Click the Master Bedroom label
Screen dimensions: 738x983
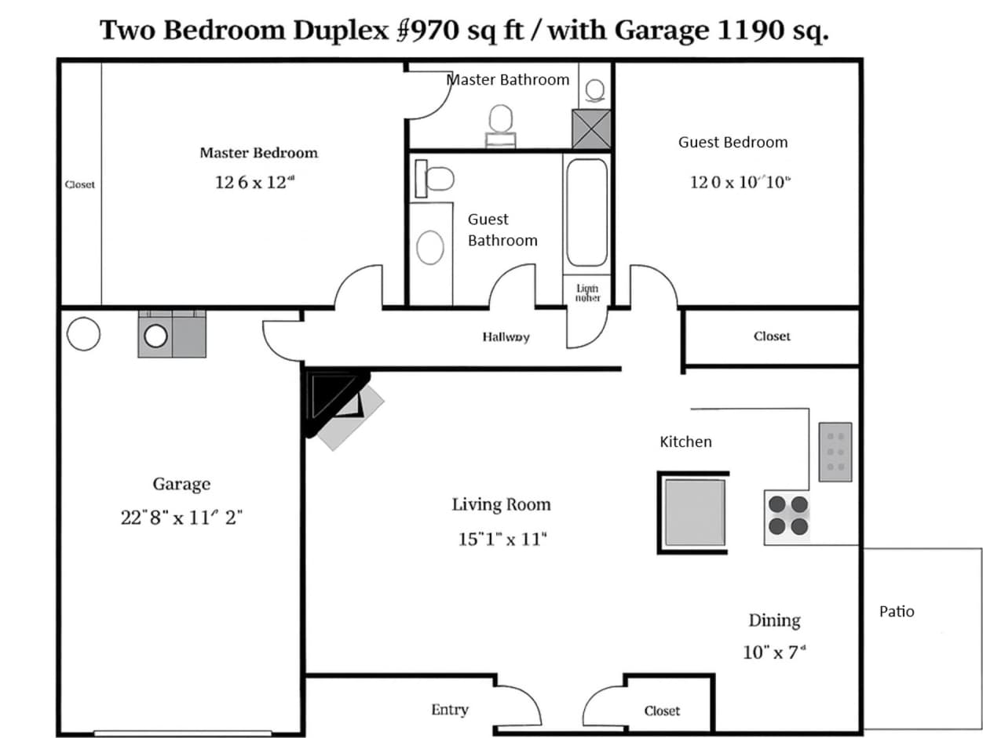pyautogui.click(x=258, y=153)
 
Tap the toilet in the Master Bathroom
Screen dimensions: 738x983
pyautogui.click(x=594, y=90)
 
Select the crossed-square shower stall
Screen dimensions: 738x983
pyautogui.click(x=591, y=129)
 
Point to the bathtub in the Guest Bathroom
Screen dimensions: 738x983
pyautogui.click(x=587, y=213)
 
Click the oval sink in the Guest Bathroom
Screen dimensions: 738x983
pyautogui.click(x=429, y=247)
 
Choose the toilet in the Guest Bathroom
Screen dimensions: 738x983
pyautogui.click(x=436, y=179)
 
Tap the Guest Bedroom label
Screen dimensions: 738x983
pyautogui.click(x=733, y=142)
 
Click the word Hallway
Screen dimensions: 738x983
pyautogui.click(x=506, y=336)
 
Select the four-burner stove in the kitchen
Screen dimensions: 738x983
pyautogui.click(x=787, y=515)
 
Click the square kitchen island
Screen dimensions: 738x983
pyautogui.click(x=694, y=512)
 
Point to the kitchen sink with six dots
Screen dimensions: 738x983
pyautogui.click(x=835, y=452)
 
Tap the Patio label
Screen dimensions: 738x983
pyautogui.click(x=897, y=612)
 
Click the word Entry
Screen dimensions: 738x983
pyautogui.click(x=449, y=710)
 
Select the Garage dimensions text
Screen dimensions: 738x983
pyautogui.click(x=181, y=518)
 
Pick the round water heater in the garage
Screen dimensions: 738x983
pyautogui.click(x=83, y=334)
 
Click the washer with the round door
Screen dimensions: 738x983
pyautogui.click(x=156, y=336)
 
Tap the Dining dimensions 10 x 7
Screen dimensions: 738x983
pyautogui.click(x=774, y=652)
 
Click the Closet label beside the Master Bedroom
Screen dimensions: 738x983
pyautogui.click(x=79, y=184)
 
